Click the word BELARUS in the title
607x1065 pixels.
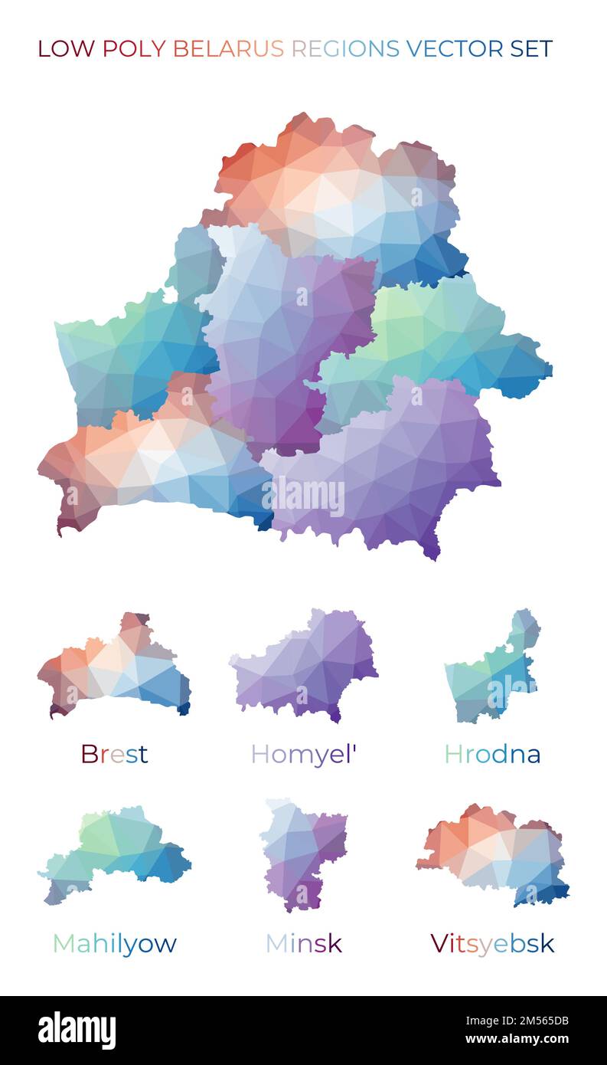pyautogui.click(x=228, y=49)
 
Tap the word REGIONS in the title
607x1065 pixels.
pyautogui.click(x=345, y=49)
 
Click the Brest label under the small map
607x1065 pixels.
pyautogui.click(x=114, y=754)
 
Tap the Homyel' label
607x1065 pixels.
pyautogui.click(x=304, y=755)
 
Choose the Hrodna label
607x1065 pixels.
pyautogui.click(x=492, y=754)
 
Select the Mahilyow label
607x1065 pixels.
pyautogui.click(x=114, y=943)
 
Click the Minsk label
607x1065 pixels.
pyautogui.click(x=303, y=943)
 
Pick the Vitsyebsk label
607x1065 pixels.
pyautogui.click(x=492, y=943)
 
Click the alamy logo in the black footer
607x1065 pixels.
pyautogui.click(x=77, y=1031)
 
